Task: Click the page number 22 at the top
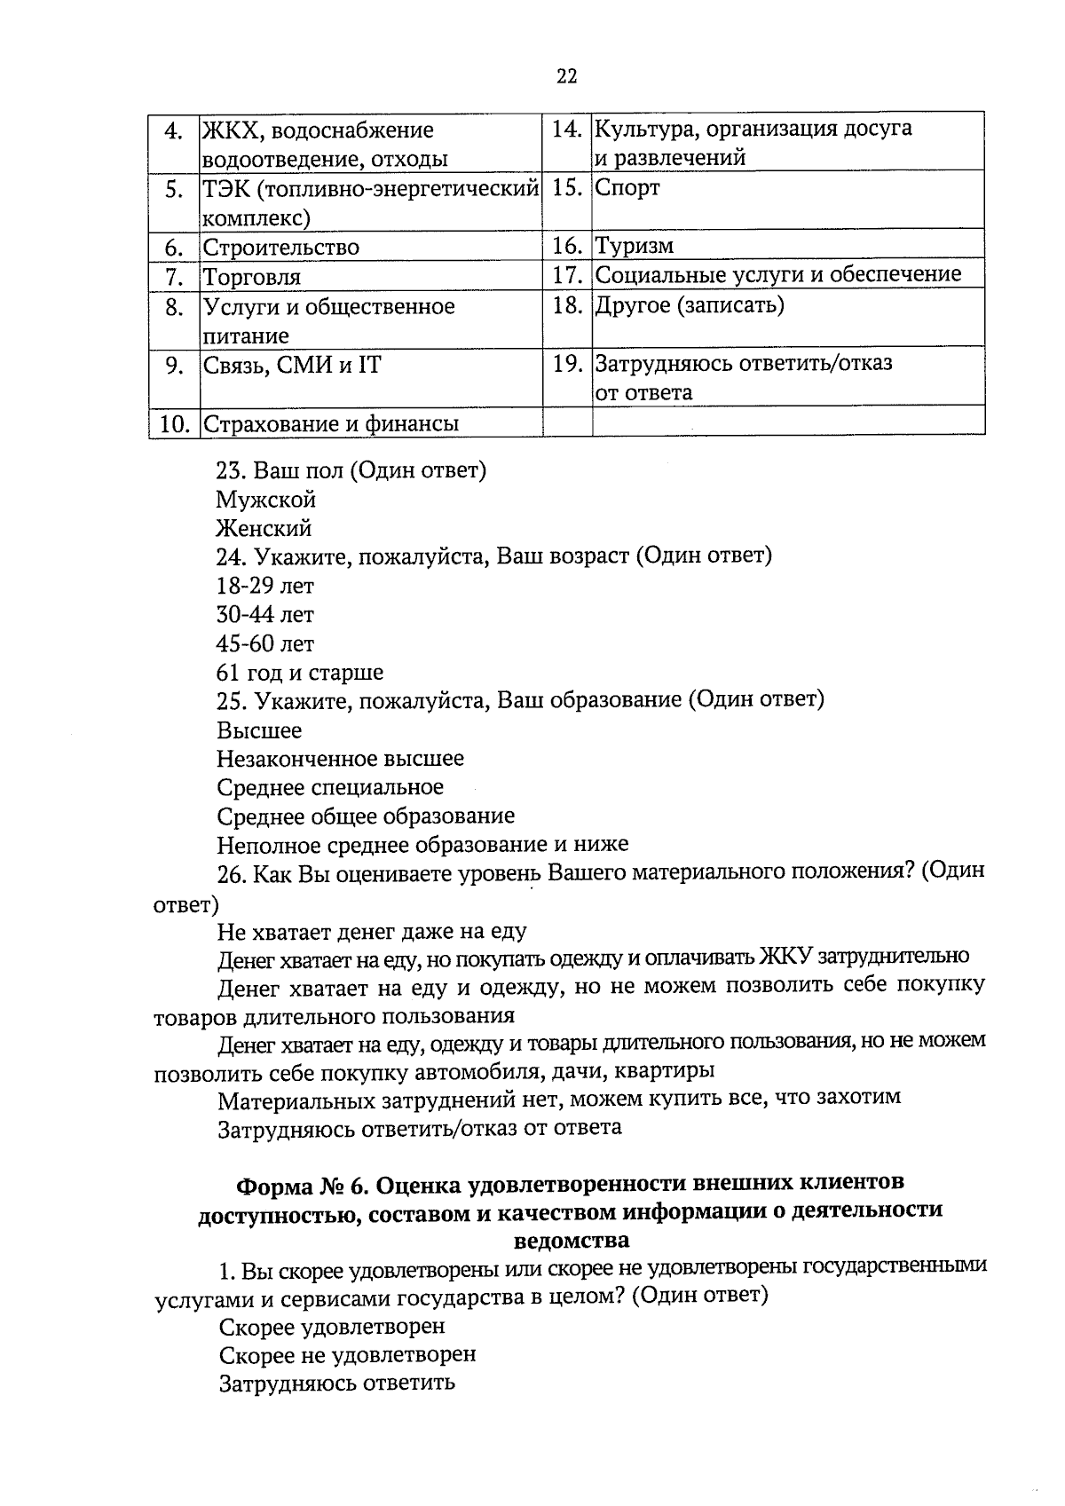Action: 567,76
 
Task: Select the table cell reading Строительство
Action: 281,248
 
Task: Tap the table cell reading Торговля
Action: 253,277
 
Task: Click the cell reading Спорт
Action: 627,188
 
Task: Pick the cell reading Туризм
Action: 634,246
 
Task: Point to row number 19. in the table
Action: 567,364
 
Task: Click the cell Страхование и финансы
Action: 331,423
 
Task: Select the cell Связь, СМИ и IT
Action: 292,365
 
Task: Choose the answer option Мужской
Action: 266,500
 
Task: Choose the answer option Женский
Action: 264,529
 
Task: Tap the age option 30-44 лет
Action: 265,614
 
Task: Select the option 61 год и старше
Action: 300,672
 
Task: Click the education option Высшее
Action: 259,730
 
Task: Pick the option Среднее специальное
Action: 330,787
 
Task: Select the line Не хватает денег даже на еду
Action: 372,932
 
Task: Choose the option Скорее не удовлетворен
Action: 347,1355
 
